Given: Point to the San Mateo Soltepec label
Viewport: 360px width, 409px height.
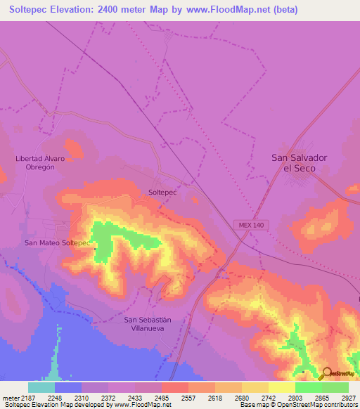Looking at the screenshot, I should point(58,243).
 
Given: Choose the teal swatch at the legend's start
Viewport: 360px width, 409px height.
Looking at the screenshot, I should point(41,387).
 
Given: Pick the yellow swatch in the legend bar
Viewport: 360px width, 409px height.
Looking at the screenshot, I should point(282,387).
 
